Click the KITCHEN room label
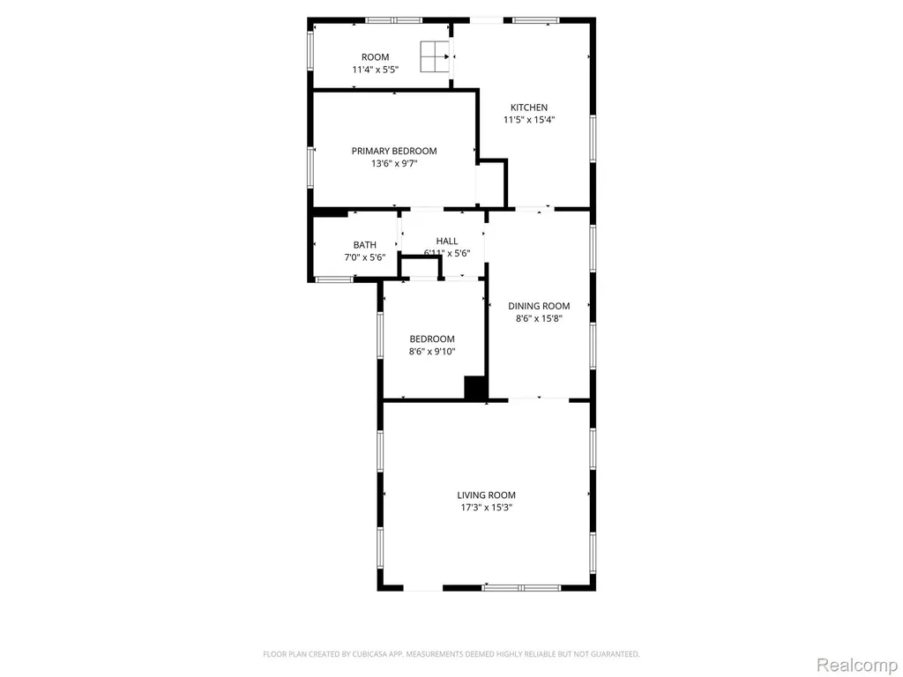(529, 107)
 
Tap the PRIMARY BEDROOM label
(394, 151)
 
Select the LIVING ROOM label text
(486, 495)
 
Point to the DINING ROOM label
(539, 306)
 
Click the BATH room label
(364, 245)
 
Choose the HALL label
(447, 242)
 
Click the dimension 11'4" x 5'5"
(376, 70)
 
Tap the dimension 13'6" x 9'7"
(394, 163)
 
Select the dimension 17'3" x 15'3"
(486, 508)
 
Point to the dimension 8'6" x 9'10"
(432, 352)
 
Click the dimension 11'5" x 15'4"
(529, 120)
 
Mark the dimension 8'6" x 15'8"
(539, 319)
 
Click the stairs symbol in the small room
(435, 56)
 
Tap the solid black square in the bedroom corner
(475, 387)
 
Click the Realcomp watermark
(857, 665)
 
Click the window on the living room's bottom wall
(521, 588)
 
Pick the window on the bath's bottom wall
(334, 279)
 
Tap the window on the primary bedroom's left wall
(310, 167)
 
